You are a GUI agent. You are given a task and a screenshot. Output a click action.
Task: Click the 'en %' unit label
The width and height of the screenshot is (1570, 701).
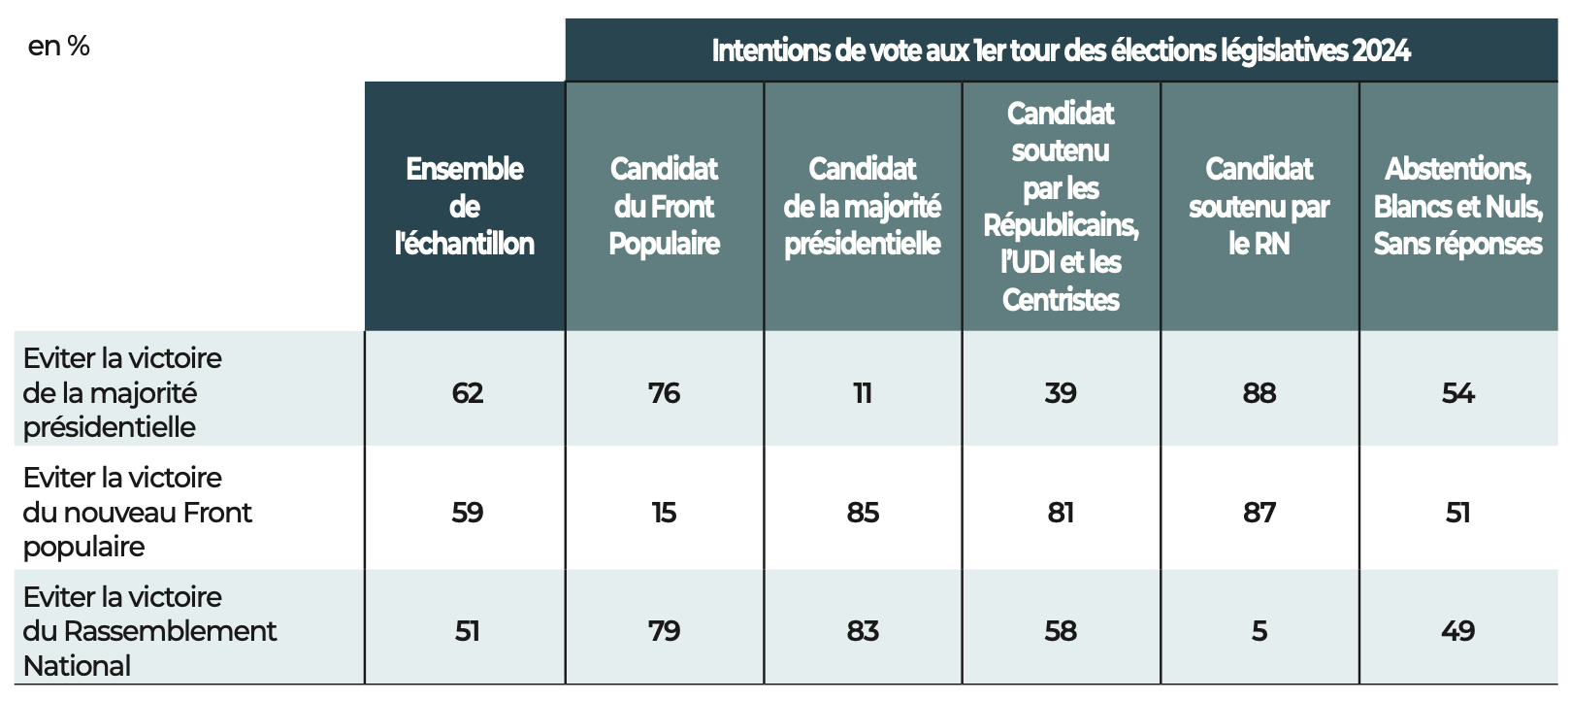59,47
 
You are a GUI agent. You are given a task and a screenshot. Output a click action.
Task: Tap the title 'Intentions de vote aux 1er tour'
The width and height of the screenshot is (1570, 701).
1062,50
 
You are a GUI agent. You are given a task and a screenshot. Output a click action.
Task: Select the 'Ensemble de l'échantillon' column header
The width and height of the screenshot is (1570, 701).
465,206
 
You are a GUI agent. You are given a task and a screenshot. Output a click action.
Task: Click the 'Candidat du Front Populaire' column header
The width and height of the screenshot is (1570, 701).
664,206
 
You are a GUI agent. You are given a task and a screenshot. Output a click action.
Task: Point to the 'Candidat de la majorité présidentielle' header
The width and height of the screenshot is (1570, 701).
862,206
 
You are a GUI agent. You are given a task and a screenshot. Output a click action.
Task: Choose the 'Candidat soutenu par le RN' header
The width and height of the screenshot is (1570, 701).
1259,206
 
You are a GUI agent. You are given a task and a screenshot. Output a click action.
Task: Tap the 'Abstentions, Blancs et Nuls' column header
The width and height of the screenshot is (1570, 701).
1457,206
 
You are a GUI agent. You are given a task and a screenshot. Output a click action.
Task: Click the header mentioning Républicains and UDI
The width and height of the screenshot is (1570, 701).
1061,206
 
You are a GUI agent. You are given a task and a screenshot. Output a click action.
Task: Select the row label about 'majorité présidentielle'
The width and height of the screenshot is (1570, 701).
122,392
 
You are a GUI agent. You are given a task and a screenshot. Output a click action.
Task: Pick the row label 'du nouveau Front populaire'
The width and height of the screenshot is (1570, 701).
137,513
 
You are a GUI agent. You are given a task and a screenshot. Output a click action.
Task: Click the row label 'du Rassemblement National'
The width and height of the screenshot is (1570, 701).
149,632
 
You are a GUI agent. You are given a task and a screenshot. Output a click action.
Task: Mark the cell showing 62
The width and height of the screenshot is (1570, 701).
468,393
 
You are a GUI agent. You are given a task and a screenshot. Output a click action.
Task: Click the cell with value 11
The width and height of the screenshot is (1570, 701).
863,393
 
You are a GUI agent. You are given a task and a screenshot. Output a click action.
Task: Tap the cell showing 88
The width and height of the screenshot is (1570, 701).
1259,393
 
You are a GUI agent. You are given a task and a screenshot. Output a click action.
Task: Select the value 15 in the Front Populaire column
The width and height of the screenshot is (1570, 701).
664,514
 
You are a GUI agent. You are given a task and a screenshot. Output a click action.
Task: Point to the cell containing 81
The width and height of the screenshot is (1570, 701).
1061,514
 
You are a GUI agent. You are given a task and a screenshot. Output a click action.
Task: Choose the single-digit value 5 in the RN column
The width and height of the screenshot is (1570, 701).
1259,632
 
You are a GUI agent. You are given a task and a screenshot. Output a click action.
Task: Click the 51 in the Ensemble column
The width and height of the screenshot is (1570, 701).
468,632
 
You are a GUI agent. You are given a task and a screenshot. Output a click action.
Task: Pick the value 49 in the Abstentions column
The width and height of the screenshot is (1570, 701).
1457,632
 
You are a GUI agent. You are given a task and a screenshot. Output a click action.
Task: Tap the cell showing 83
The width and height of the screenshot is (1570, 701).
863,632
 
